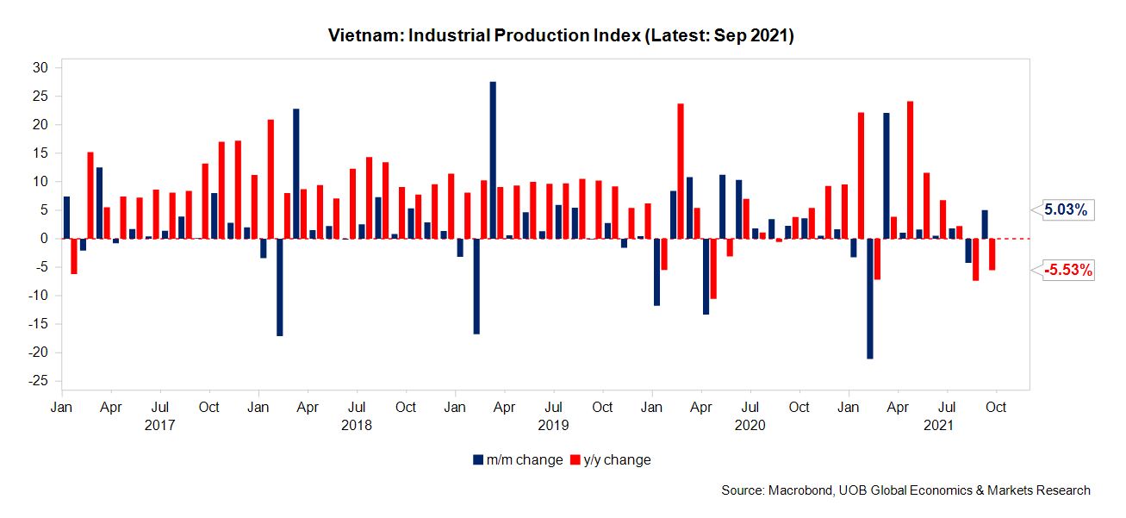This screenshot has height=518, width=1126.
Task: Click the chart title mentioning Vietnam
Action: tap(561, 36)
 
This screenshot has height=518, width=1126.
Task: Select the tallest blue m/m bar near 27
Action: tap(493, 160)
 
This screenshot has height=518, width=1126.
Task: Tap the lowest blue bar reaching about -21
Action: tap(870, 298)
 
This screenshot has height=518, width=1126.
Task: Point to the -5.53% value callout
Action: tap(1068, 271)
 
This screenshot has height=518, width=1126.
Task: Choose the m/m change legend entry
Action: tap(517, 459)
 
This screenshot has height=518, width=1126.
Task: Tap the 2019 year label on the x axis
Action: tap(553, 425)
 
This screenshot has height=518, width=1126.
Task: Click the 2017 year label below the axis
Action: tap(159, 425)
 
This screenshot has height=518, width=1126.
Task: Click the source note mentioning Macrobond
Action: tap(905, 490)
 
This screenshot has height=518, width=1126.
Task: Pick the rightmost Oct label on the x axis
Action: tap(996, 407)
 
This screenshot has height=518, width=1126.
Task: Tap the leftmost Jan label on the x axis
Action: tap(61, 407)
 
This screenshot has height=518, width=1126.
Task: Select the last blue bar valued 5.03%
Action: tap(985, 224)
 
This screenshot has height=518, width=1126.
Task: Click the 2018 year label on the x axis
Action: tap(357, 425)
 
